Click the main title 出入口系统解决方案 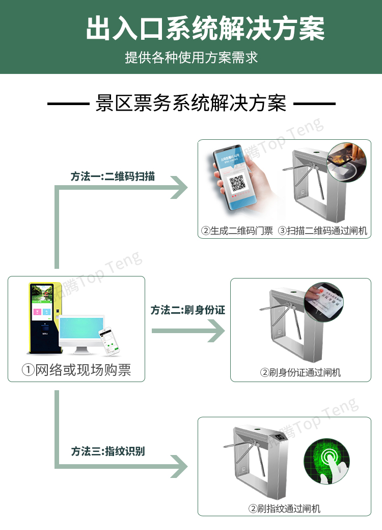tap(205, 29)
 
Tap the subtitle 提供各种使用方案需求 tap(191, 57)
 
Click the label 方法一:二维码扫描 tap(113, 176)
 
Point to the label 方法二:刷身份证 tap(187, 310)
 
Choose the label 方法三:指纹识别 tap(108, 451)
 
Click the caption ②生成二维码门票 tap(237, 231)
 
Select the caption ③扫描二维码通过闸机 tap(322, 231)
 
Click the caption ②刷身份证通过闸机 tap(301, 372)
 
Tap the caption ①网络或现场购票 tap(76, 370)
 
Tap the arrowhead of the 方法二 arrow tap(216, 331)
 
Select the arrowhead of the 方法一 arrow tap(179, 188)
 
